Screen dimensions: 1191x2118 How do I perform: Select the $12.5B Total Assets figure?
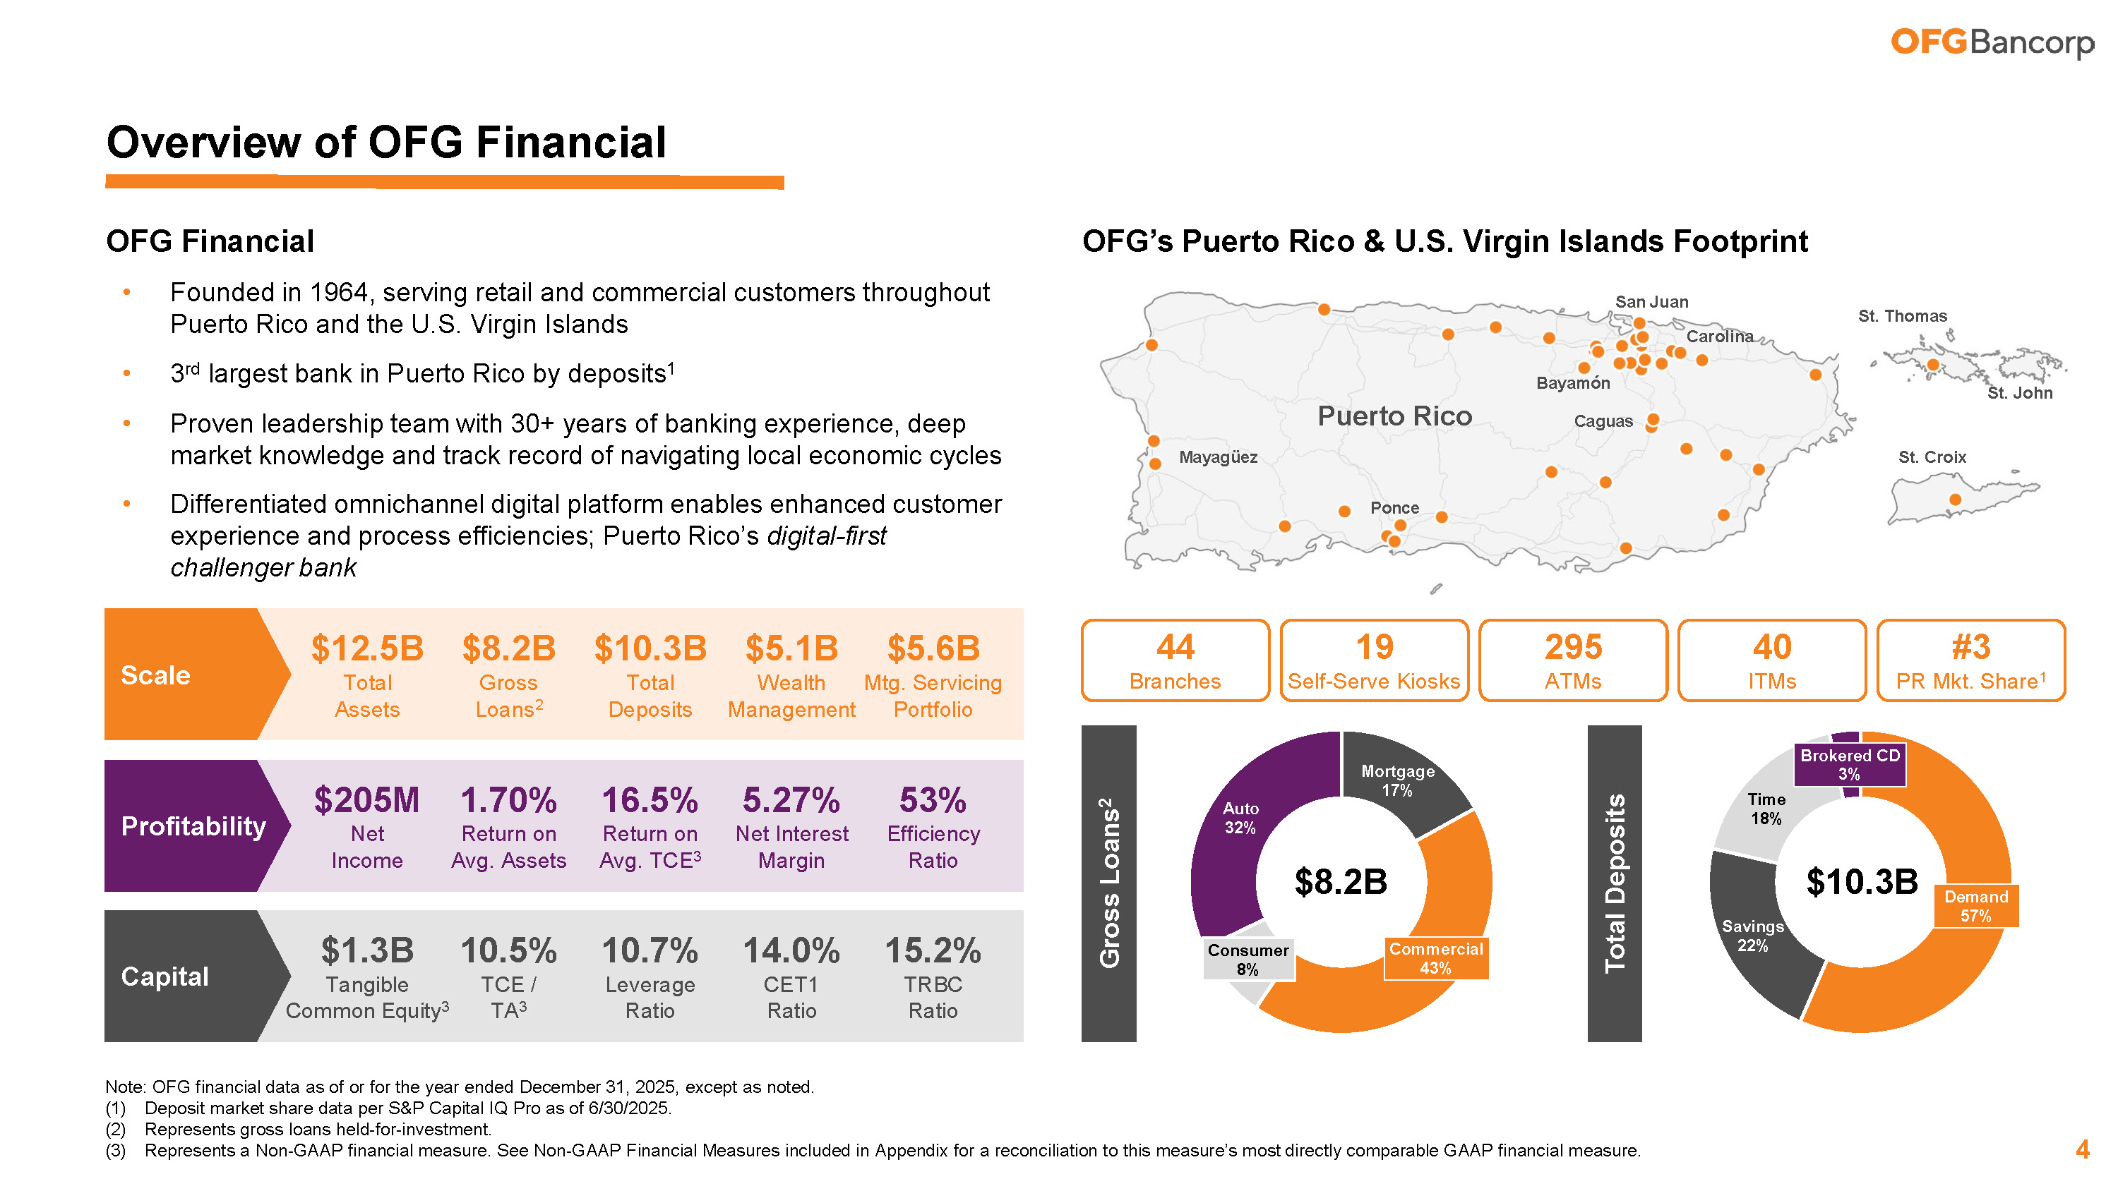pyautogui.click(x=366, y=649)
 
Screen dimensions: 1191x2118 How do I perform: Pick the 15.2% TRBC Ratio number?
pyautogui.click(x=933, y=952)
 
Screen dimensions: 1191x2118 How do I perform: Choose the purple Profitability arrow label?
pyautogui.click(x=193, y=826)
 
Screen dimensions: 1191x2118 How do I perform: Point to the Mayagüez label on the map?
pyautogui.click(x=1218, y=457)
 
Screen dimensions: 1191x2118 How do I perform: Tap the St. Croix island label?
pyautogui.click(x=1932, y=457)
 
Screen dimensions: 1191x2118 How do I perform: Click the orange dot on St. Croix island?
pyautogui.click(x=1955, y=500)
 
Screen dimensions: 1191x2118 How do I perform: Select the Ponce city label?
pyautogui.click(x=1394, y=508)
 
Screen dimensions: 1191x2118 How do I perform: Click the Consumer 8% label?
pyautogui.click(x=1248, y=959)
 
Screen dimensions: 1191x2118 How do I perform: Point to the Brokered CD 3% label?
pyautogui.click(x=1849, y=764)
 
